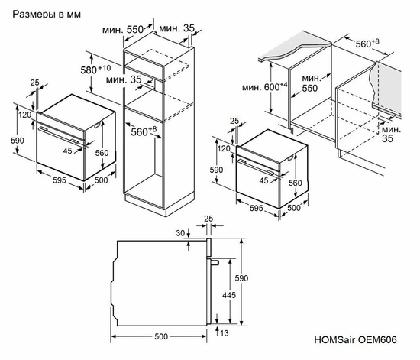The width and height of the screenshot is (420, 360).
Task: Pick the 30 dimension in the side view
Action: [180, 233]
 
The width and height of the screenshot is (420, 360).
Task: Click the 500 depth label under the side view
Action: [159, 336]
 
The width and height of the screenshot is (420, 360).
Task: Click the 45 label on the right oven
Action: [263, 180]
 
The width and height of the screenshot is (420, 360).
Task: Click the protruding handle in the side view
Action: [216, 262]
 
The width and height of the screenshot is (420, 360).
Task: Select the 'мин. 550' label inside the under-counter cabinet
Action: [310, 83]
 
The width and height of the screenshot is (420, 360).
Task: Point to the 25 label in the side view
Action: [208, 220]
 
